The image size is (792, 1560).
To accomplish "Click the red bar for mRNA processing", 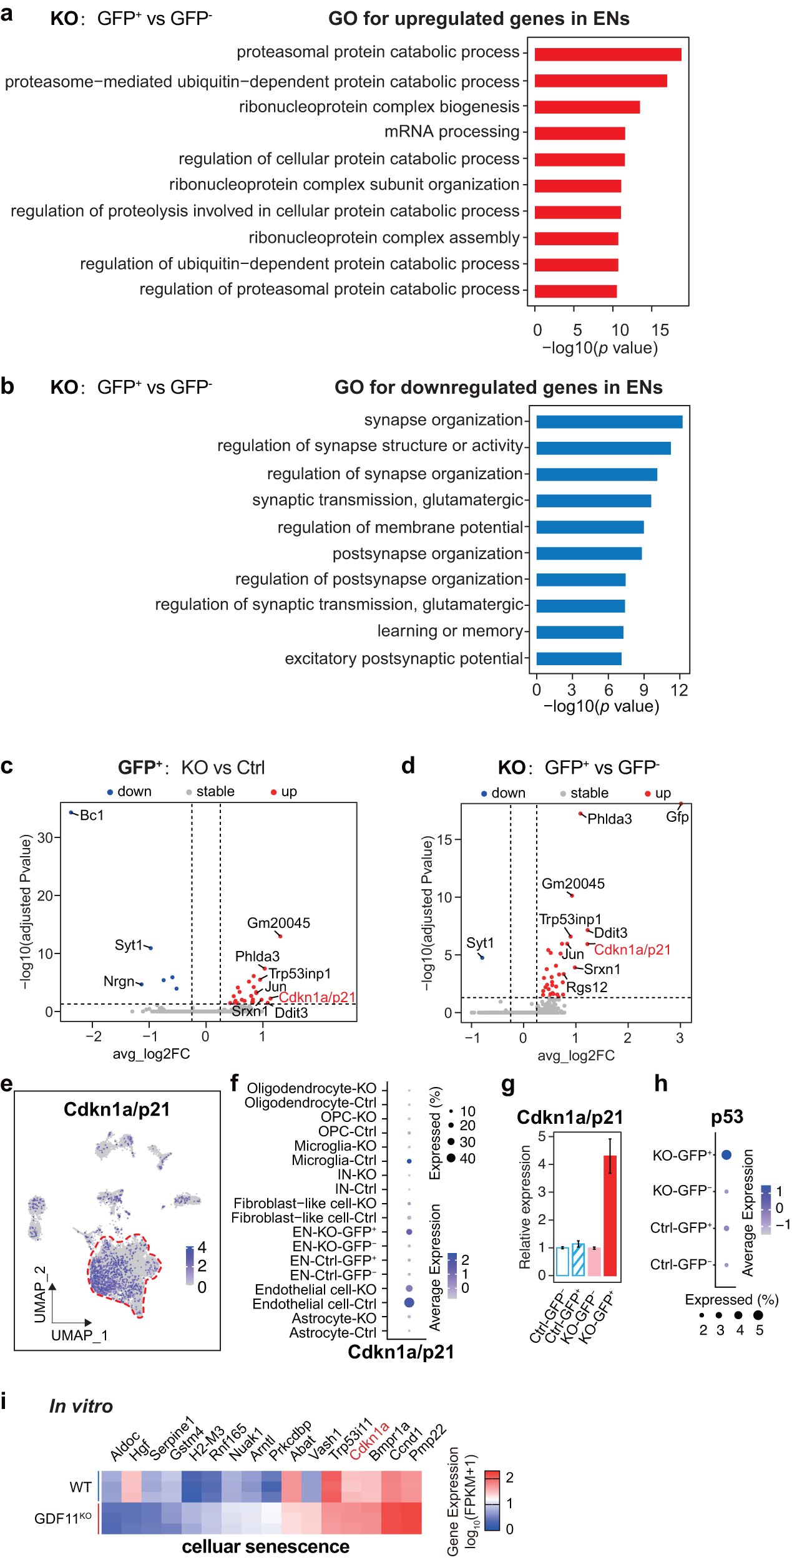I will pos(579,133).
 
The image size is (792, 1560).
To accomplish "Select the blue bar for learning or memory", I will pos(579,632).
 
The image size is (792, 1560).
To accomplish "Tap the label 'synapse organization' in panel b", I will pos(443,420).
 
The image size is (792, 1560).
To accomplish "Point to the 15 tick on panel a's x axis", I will pos(660,330).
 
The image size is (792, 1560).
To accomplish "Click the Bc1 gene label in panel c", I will pos(92,816).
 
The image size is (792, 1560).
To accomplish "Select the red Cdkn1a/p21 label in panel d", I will pos(632,950).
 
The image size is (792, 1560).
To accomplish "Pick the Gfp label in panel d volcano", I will pos(677,817).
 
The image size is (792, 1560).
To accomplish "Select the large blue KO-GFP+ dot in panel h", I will pos(726,1155).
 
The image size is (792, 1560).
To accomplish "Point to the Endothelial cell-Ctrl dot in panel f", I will pos(409,1302).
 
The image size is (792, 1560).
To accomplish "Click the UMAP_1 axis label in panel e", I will pos(79,1335).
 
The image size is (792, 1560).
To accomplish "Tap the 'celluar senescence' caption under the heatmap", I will pos(265,1547).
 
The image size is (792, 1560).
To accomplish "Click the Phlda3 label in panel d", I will pos(609,819).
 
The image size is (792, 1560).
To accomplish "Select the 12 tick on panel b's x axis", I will pos(678,690).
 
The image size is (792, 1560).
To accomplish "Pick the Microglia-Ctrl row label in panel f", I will pos(334,1160).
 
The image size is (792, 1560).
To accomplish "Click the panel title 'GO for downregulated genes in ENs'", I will pos(498,388).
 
